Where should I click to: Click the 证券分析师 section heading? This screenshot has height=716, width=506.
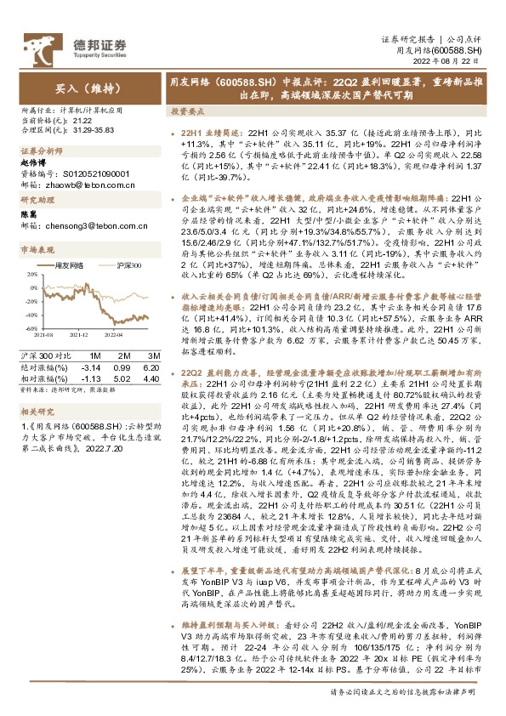click(x=38, y=151)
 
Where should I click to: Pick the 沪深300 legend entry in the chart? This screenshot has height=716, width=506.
click(x=125, y=266)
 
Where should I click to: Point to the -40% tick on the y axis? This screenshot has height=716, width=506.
click(x=29, y=315)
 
